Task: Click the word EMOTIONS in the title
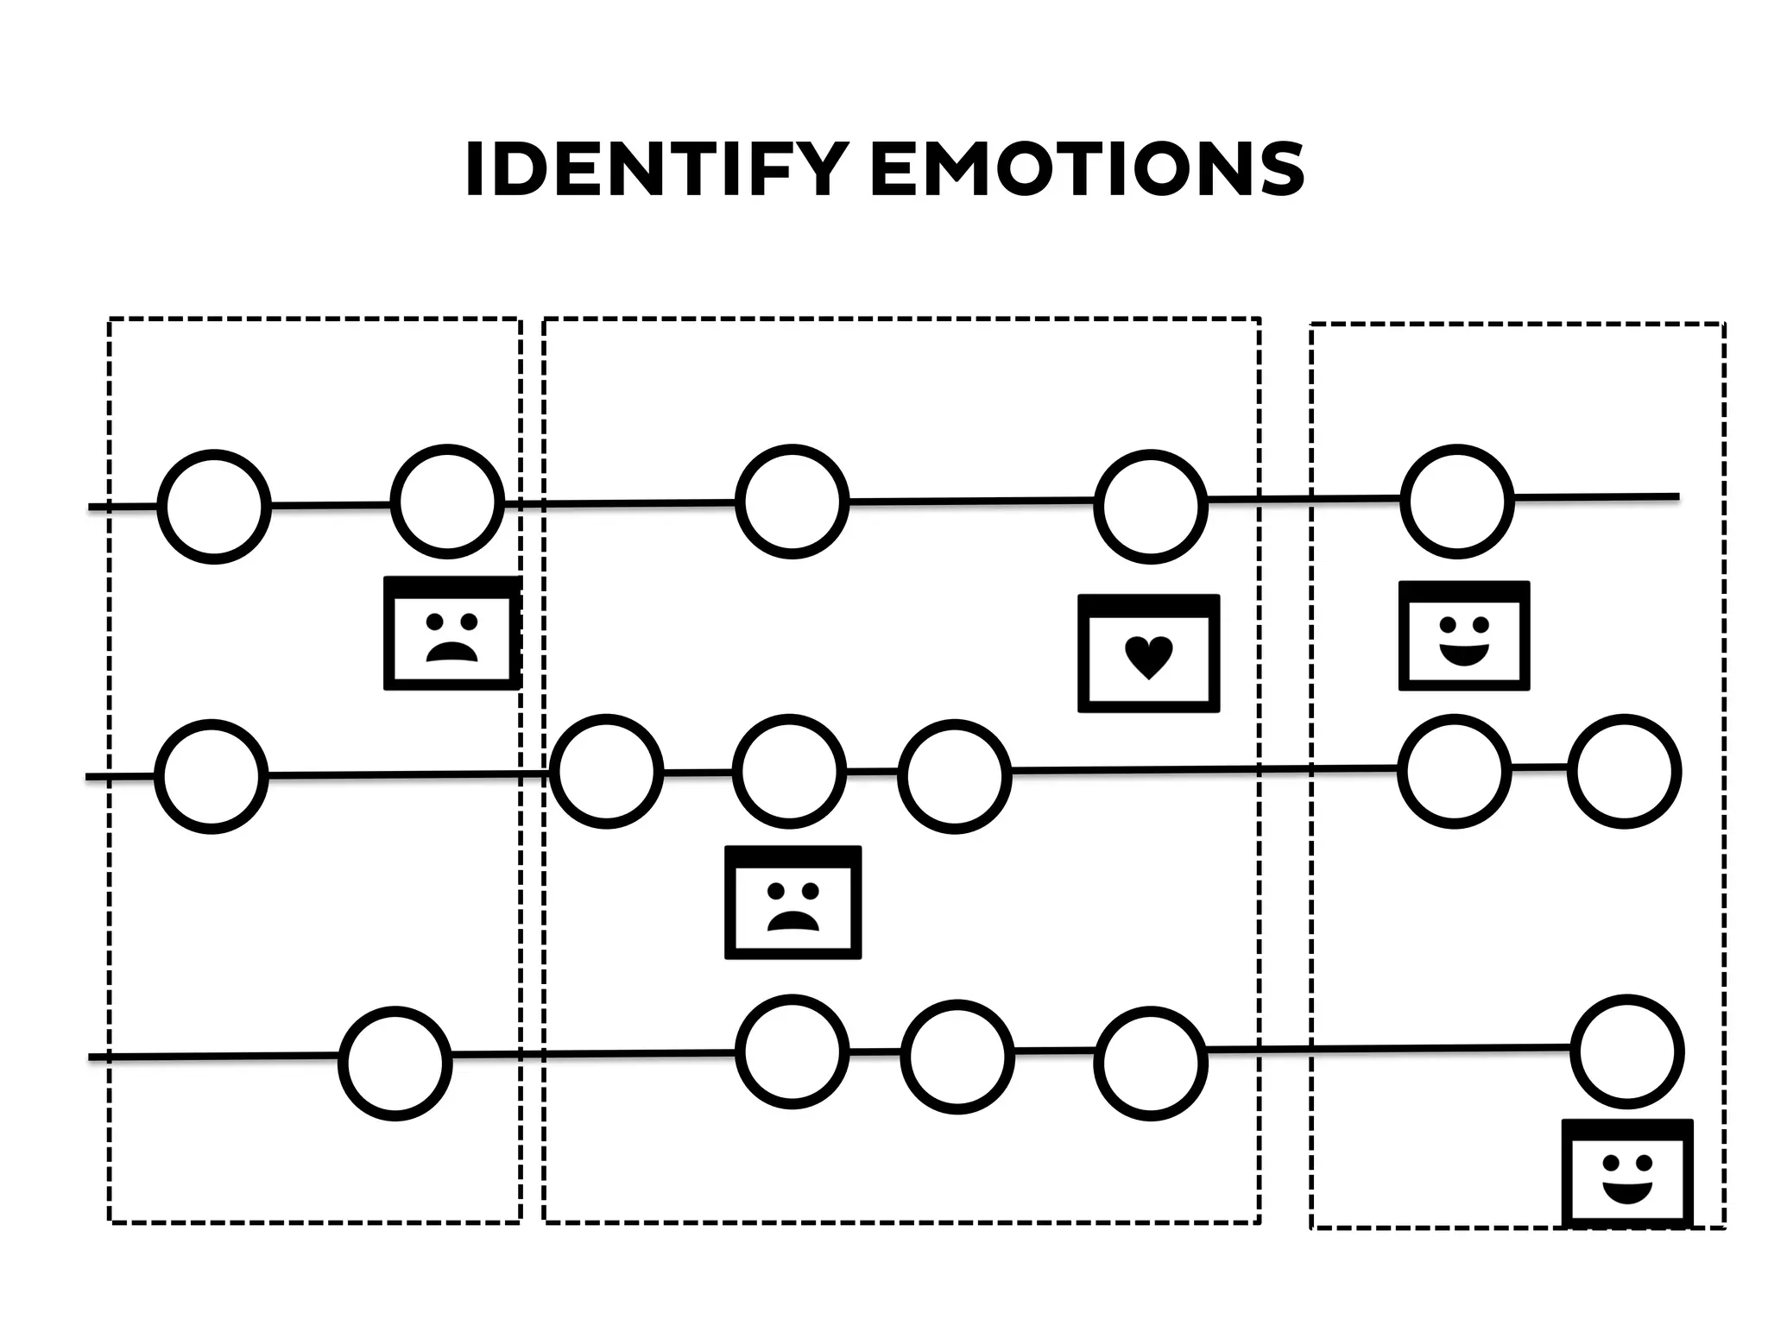pyautogui.click(x=1087, y=170)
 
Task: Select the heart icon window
pyautogui.click(x=1148, y=654)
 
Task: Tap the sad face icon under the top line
pyautogui.click(x=452, y=634)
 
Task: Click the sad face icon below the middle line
pyautogui.click(x=792, y=902)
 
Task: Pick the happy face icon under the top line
pyautogui.click(x=1464, y=636)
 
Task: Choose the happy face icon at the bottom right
pyautogui.click(x=1627, y=1174)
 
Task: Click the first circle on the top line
pyautogui.click(x=214, y=507)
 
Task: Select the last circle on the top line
pyautogui.click(x=1457, y=501)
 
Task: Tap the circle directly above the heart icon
pyautogui.click(x=1150, y=506)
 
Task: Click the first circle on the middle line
pyautogui.click(x=212, y=776)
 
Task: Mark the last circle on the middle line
pyautogui.click(x=1624, y=771)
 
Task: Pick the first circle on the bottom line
pyautogui.click(x=395, y=1064)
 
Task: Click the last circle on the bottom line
pyautogui.click(x=1627, y=1051)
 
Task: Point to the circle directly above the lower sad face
pyautogui.click(x=790, y=771)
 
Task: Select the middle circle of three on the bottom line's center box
pyautogui.click(x=957, y=1056)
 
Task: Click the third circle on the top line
pyautogui.click(x=792, y=502)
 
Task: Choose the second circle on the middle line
pyautogui.click(x=607, y=772)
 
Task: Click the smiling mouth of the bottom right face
pyautogui.click(x=1627, y=1193)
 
